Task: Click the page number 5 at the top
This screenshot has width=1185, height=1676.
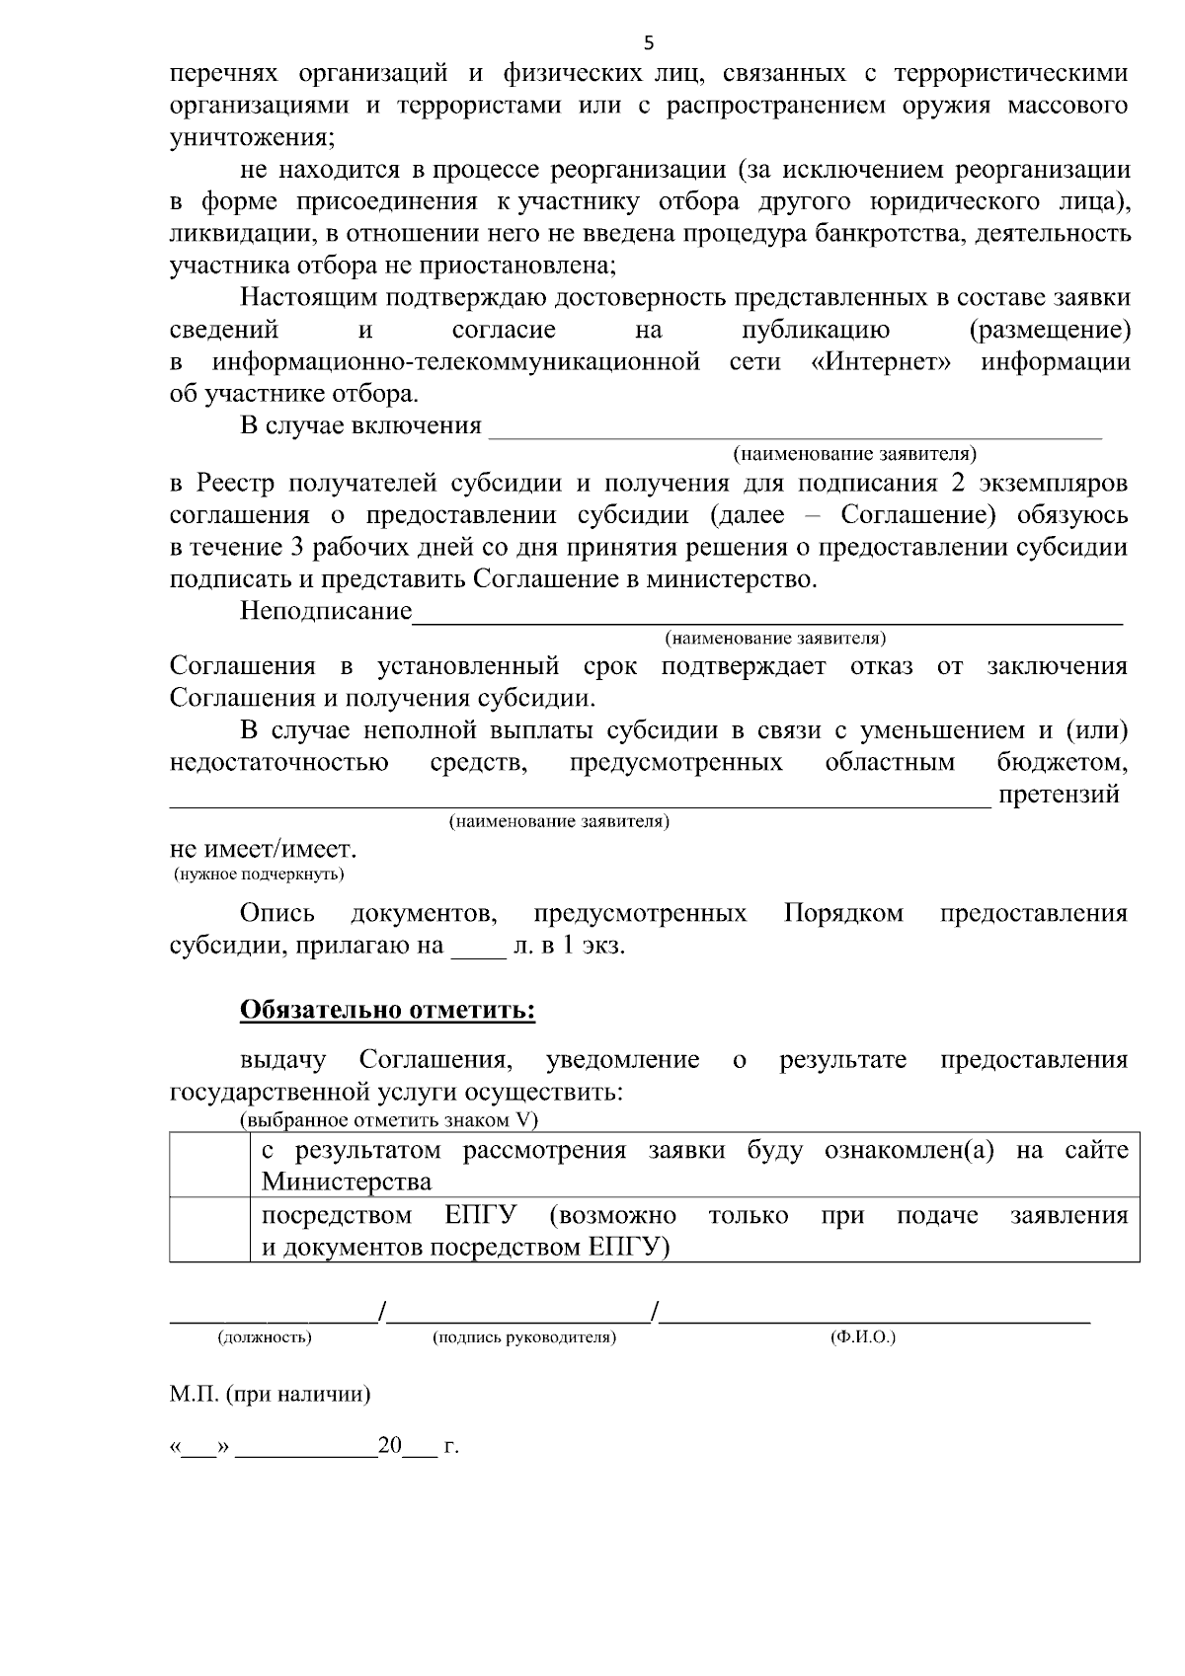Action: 649,42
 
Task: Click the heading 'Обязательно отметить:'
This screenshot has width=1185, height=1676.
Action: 387,1010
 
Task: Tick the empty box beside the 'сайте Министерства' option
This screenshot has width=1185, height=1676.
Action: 208,1165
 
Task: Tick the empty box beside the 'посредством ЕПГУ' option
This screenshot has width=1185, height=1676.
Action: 208,1229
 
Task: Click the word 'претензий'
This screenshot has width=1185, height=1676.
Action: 1059,795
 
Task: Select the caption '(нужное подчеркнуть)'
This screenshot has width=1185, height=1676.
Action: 259,875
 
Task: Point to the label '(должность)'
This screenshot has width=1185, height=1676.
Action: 265,1338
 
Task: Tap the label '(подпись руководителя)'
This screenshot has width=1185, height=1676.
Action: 524,1338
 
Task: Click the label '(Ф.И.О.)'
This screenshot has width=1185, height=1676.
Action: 863,1338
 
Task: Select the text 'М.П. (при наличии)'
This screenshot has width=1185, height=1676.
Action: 270,1395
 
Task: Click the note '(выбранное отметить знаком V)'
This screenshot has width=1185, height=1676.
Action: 389,1120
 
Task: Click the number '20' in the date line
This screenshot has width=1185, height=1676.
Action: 390,1447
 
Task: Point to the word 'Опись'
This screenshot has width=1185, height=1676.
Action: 277,913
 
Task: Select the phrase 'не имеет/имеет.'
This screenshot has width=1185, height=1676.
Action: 264,850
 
